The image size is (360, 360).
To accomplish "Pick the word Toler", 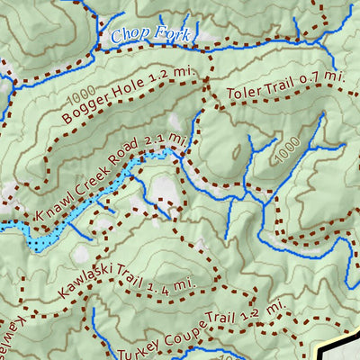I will tap(245, 92).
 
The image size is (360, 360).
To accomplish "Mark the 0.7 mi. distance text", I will tap(324, 78).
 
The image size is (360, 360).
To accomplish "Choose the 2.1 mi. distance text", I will tap(171, 139).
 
